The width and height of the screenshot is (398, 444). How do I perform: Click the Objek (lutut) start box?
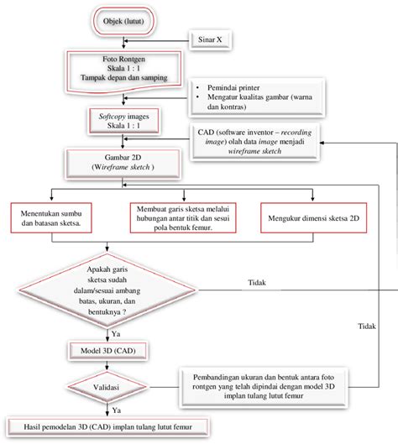[123, 20]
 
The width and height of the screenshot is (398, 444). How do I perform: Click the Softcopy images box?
[123, 119]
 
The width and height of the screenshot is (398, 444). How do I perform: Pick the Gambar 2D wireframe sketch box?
[123, 163]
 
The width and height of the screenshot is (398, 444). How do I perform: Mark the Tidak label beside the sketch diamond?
[257, 284]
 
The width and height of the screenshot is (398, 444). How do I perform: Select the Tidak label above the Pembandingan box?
[366, 326]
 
